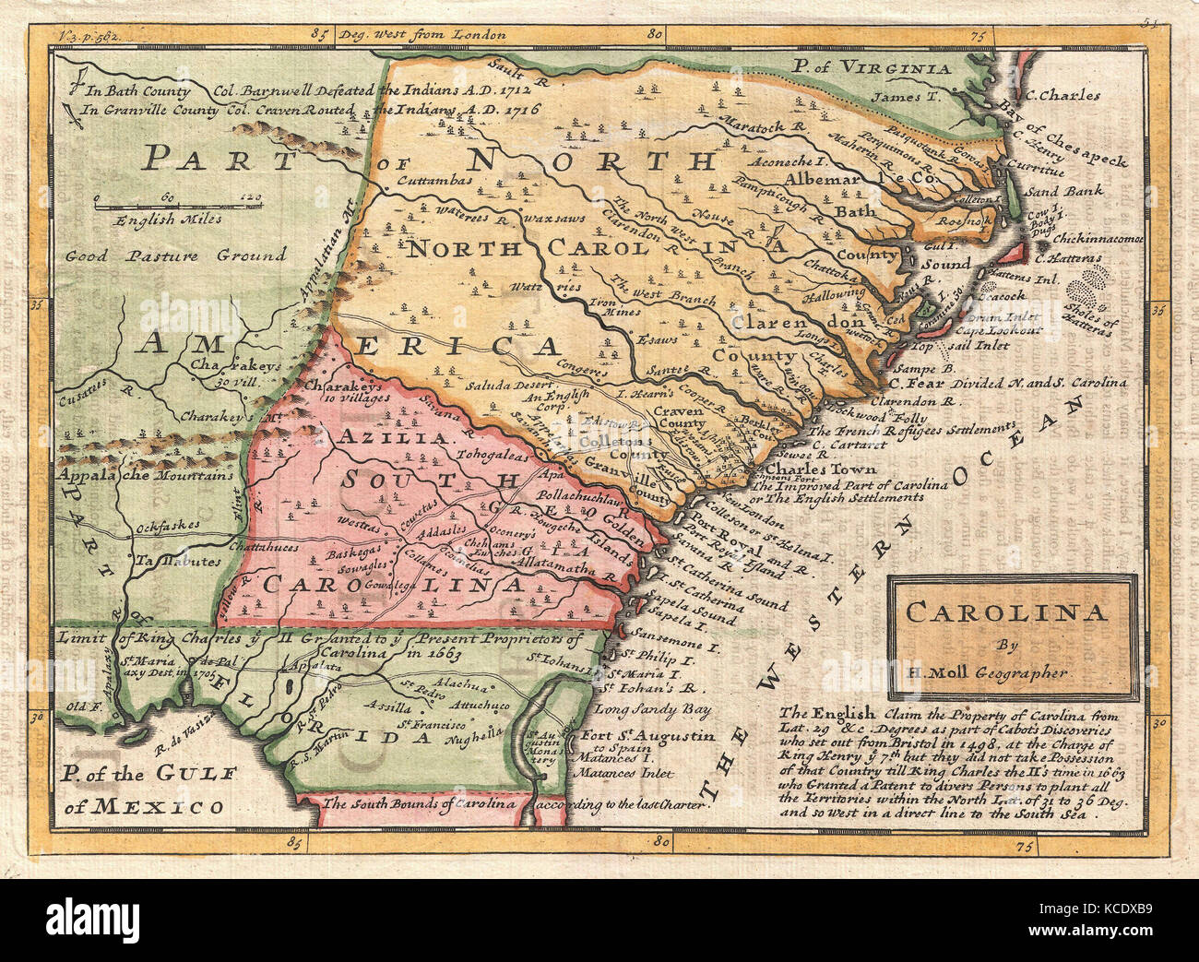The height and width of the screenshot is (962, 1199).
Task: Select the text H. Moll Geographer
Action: click(x=1011, y=672)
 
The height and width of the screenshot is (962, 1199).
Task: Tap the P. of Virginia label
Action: click(x=872, y=67)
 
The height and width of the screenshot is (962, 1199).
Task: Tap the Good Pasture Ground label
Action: click(x=175, y=255)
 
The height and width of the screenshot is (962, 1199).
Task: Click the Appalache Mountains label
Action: click(x=146, y=476)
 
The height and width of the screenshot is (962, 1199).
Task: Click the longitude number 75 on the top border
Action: click(x=977, y=36)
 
